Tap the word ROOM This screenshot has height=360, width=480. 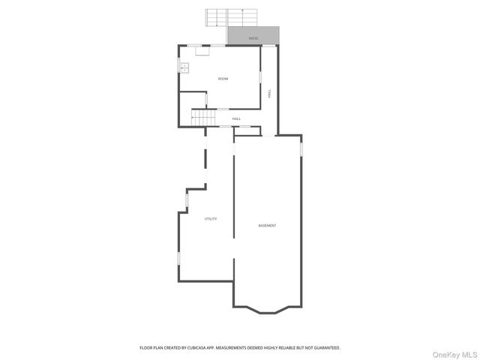[223, 79]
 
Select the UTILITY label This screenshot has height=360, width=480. [211, 219]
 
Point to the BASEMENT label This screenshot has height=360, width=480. [267, 226]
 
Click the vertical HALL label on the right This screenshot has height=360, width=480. [270, 94]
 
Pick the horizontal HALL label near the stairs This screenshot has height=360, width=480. [236, 118]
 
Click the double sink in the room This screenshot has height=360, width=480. [183, 67]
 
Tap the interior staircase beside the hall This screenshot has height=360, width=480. [202, 118]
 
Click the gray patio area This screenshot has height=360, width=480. [253, 36]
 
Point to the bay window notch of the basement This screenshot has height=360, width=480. [268, 308]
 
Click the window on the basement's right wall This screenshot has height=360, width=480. [301, 148]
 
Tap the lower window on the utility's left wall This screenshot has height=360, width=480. [178, 257]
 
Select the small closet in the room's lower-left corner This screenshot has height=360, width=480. [191, 101]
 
